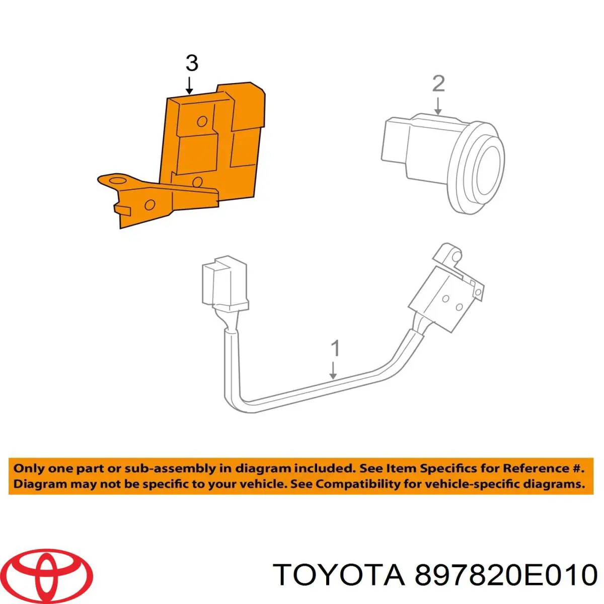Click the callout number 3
(192, 63)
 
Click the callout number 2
(438, 84)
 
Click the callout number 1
(335, 348)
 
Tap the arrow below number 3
(189, 85)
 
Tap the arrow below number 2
(438, 106)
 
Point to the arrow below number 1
(333, 370)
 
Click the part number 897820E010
(505, 574)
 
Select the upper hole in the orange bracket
(202, 121)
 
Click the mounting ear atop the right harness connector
(446, 253)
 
